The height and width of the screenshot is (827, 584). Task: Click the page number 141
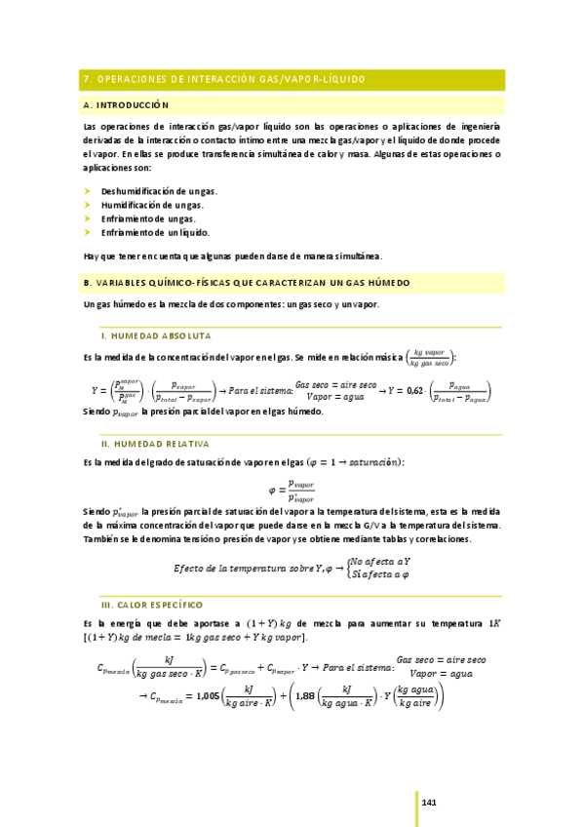[429, 802]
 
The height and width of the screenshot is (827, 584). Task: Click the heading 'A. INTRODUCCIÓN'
[127, 104]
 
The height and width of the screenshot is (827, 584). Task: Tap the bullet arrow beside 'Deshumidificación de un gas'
[88, 191]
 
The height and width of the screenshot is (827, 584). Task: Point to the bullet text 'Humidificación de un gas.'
[152, 206]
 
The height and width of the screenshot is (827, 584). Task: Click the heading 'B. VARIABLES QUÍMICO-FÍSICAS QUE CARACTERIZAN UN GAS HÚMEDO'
[248, 283]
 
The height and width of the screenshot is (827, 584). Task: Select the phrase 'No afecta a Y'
[380, 562]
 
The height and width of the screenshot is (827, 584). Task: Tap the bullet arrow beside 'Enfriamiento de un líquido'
[88, 233]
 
